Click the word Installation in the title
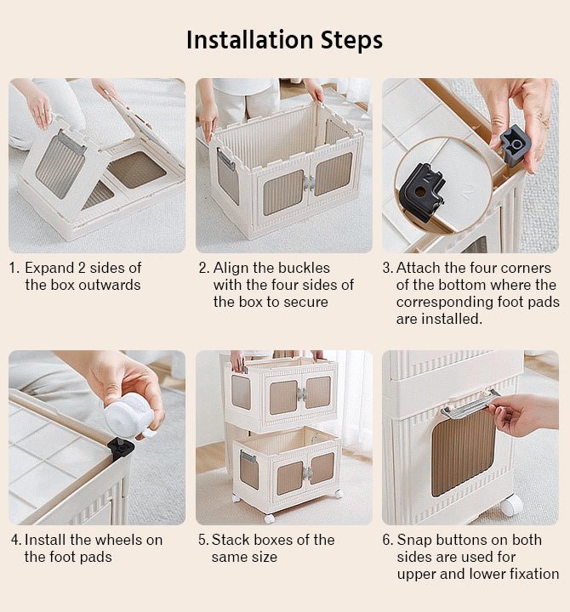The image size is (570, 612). point(249,40)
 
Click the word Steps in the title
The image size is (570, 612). point(351,41)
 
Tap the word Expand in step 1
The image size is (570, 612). point(49,269)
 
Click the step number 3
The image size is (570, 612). point(386,269)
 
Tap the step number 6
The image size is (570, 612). point(386,541)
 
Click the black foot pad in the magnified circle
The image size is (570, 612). point(424,192)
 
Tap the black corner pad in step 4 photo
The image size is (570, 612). point(121,450)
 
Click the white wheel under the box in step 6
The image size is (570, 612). point(512,506)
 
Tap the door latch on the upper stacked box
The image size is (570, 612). point(301,394)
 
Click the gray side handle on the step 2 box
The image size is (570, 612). point(225,159)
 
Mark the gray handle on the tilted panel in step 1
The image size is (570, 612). point(71,142)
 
